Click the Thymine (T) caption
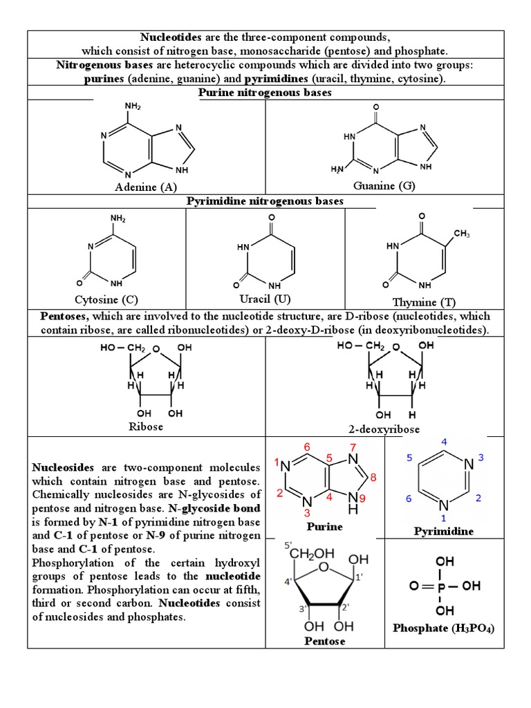click(x=424, y=302)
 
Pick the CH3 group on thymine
click(x=462, y=235)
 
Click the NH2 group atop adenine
click(x=133, y=106)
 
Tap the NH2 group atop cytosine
click(x=118, y=219)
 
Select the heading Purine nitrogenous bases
click(x=265, y=93)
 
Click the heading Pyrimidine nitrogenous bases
click(x=265, y=201)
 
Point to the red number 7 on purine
click(x=353, y=447)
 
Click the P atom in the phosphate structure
click(x=444, y=586)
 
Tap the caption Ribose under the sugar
click(x=146, y=427)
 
